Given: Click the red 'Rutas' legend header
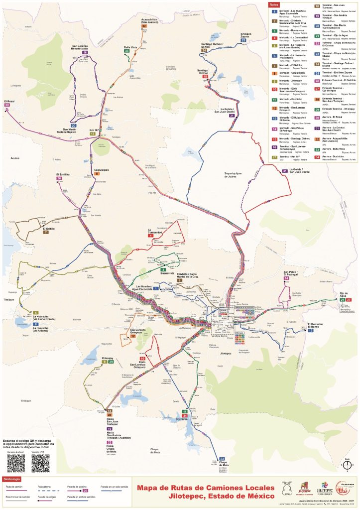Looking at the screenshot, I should click(273, 4).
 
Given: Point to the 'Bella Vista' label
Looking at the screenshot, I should click(130, 47).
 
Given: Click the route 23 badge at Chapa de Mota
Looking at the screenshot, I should click(222, 458).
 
